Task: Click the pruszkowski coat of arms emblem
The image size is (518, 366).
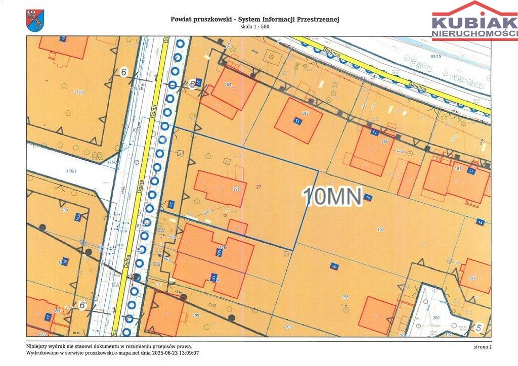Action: pos(35,21)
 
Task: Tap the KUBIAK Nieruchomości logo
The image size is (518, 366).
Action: pos(474,21)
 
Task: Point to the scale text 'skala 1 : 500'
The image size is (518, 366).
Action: pos(255,27)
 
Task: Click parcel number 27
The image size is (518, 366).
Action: pos(259,187)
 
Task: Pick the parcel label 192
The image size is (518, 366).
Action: pos(380,229)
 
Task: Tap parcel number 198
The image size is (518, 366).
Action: pos(345,296)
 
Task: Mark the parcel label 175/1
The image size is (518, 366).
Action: pos(78,92)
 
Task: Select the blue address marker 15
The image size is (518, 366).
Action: pos(297,122)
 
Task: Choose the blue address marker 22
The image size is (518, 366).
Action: pos(199,81)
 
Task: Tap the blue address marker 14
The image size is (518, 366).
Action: pos(480,222)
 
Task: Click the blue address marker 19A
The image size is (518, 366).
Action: pos(78,217)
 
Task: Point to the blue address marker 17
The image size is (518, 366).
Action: pos(48,317)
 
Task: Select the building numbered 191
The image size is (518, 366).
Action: pos(236,189)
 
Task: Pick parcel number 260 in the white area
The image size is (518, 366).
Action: pos(436,318)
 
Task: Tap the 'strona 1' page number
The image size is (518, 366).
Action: pos(482,347)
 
